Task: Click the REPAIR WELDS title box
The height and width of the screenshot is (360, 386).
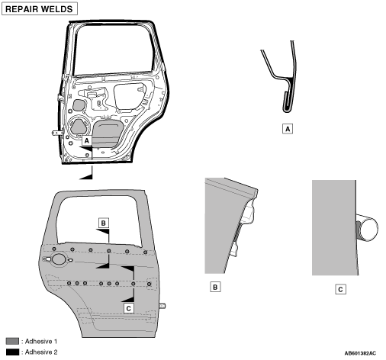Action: pyautogui.click(x=40, y=9)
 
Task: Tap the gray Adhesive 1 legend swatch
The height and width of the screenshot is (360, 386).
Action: pyautogui.click(x=12, y=341)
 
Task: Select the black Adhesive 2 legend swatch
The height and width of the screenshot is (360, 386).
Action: pyautogui.click(x=12, y=352)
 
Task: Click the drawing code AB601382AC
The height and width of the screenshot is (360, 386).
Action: pyautogui.click(x=360, y=353)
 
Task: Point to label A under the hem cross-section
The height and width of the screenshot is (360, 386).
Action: pyautogui.click(x=288, y=129)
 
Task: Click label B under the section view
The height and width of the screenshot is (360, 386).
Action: pyautogui.click(x=215, y=287)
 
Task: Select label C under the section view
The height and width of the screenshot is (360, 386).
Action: pyautogui.click(x=340, y=289)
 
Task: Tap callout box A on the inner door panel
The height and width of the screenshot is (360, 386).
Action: pyautogui.click(x=87, y=140)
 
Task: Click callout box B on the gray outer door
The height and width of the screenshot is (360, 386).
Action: pyautogui.click(x=104, y=223)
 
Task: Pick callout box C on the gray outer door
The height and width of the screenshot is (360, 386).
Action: pyautogui.click(x=129, y=308)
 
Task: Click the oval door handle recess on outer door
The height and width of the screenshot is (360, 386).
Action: pyautogui.click(x=59, y=259)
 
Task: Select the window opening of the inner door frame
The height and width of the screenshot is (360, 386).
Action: pyautogui.click(x=114, y=50)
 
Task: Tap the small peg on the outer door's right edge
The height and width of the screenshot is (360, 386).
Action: pyautogui.click(x=162, y=306)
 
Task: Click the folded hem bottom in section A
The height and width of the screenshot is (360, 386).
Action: pyautogui.click(x=288, y=110)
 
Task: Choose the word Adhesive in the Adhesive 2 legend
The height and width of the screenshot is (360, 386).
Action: pyautogui.click(x=36, y=352)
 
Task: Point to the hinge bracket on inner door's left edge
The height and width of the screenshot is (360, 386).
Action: pyautogui.click(x=56, y=133)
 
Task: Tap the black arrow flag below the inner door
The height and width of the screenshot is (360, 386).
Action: pyautogui.click(x=86, y=176)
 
